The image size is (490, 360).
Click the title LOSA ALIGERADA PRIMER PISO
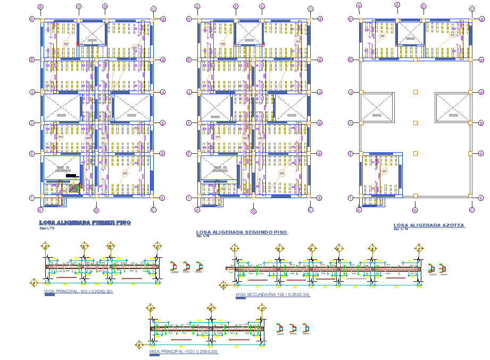pos(85,223)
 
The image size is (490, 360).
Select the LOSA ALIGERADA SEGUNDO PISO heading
pos(242,232)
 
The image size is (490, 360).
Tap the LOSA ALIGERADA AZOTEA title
pos(429,226)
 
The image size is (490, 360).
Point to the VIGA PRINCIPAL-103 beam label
pos(78,291)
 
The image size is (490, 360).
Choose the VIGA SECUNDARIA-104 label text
pos(272,294)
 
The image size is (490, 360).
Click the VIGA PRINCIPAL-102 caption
pos(184,352)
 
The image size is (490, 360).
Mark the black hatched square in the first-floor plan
pos(74,188)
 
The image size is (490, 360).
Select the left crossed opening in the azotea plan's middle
pos(377,108)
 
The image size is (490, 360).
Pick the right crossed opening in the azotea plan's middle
pos(452,108)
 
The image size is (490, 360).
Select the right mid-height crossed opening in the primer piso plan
pos(132,108)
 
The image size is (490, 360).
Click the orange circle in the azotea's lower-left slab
pos(384,171)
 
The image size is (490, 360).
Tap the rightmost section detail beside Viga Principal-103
pos(199,266)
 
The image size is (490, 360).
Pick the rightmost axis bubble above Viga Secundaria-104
pos(419,248)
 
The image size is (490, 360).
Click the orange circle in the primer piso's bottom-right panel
pos(125,173)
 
